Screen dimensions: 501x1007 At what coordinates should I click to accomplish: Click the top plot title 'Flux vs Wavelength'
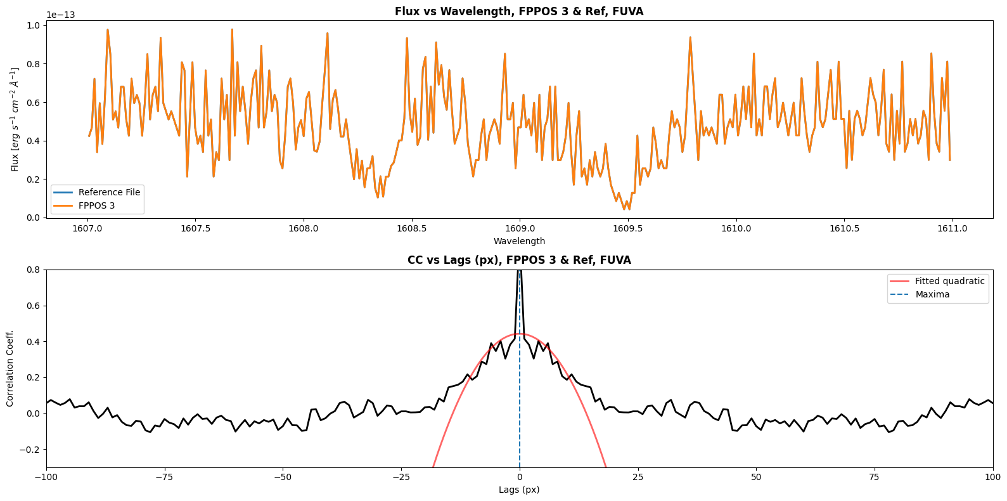(x=518, y=11)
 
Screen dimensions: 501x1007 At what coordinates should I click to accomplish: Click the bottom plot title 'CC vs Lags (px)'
(x=518, y=260)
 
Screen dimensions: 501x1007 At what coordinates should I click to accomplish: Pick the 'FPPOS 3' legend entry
(x=96, y=205)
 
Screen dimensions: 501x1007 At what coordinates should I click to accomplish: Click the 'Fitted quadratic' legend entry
(x=949, y=281)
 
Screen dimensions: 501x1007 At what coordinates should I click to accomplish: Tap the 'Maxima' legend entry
(x=932, y=294)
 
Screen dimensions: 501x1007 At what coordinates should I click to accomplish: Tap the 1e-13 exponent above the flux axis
(x=61, y=15)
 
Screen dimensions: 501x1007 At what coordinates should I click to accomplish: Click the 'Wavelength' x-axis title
(x=519, y=241)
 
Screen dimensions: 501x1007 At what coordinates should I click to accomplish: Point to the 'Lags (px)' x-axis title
(x=519, y=490)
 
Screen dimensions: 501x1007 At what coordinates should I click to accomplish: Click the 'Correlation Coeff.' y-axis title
(x=10, y=368)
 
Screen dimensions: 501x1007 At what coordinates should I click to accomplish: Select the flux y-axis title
(x=15, y=119)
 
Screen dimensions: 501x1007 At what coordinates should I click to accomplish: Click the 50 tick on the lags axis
(x=756, y=477)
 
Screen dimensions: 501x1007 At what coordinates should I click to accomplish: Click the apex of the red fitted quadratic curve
(x=519, y=334)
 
